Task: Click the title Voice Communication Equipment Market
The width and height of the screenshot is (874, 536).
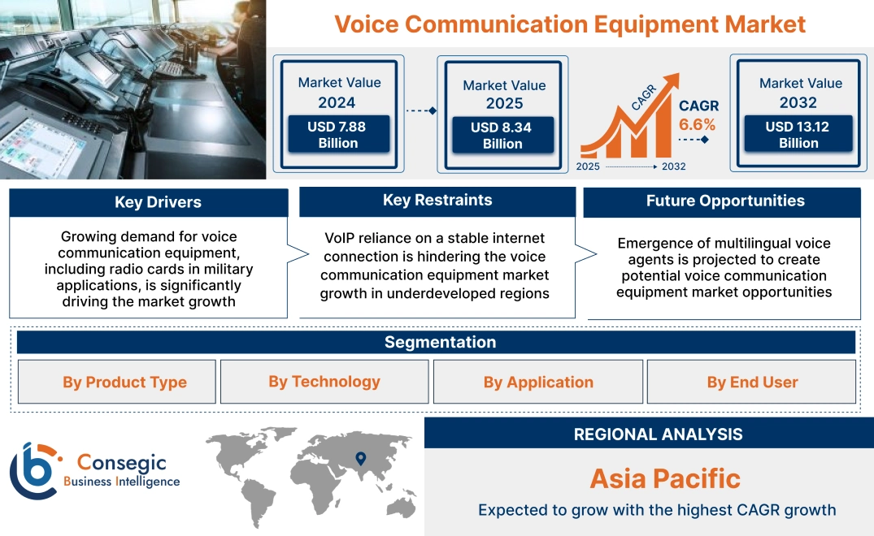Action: pyautogui.click(x=570, y=24)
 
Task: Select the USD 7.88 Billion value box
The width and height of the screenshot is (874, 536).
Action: pyautogui.click(x=338, y=135)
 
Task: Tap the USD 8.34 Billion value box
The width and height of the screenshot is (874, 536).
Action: pyautogui.click(x=502, y=136)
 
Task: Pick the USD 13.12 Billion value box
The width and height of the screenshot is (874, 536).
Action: pyautogui.click(x=798, y=135)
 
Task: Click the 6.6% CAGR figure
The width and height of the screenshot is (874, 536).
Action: pyautogui.click(x=698, y=124)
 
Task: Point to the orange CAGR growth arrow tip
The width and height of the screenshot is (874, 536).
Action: pyautogui.click(x=674, y=78)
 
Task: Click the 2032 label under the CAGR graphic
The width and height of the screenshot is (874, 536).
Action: pyautogui.click(x=673, y=166)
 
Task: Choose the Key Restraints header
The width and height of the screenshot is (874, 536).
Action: pyautogui.click(x=437, y=200)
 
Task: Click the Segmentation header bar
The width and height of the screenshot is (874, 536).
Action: pyautogui.click(x=440, y=342)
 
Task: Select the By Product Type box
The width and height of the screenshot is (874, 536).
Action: pyautogui.click(x=124, y=383)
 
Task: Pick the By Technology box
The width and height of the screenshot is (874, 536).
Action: pyautogui.click(x=324, y=382)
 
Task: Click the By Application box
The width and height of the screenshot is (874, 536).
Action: pyautogui.click(x=538, y=383)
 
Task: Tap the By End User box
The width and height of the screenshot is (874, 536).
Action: pyautogui.click(x=752, y=383)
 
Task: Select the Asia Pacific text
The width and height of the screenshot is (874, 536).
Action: pyautogui.click(x=665, y=478)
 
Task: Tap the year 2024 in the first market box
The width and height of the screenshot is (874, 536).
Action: pyautogui.click(x=337, y=102)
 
